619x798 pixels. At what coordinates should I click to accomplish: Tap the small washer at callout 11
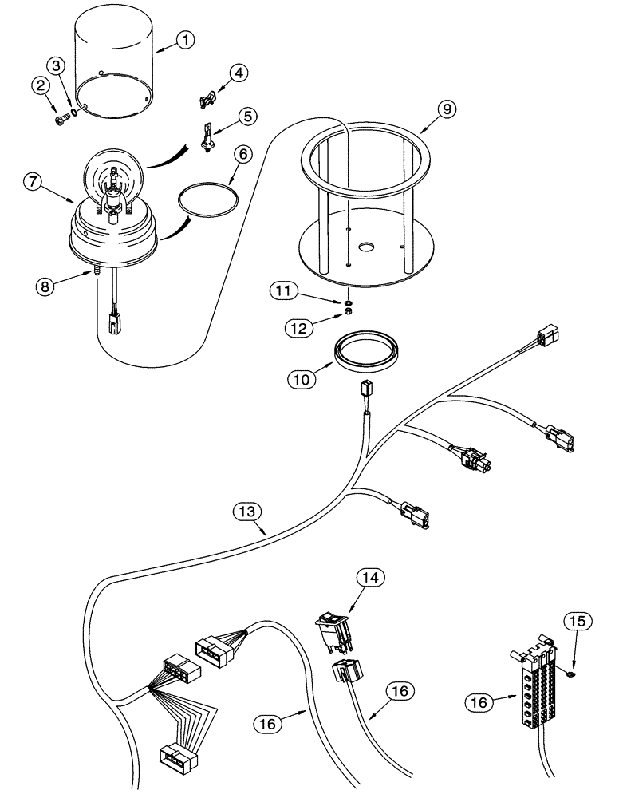click(349, 304)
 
